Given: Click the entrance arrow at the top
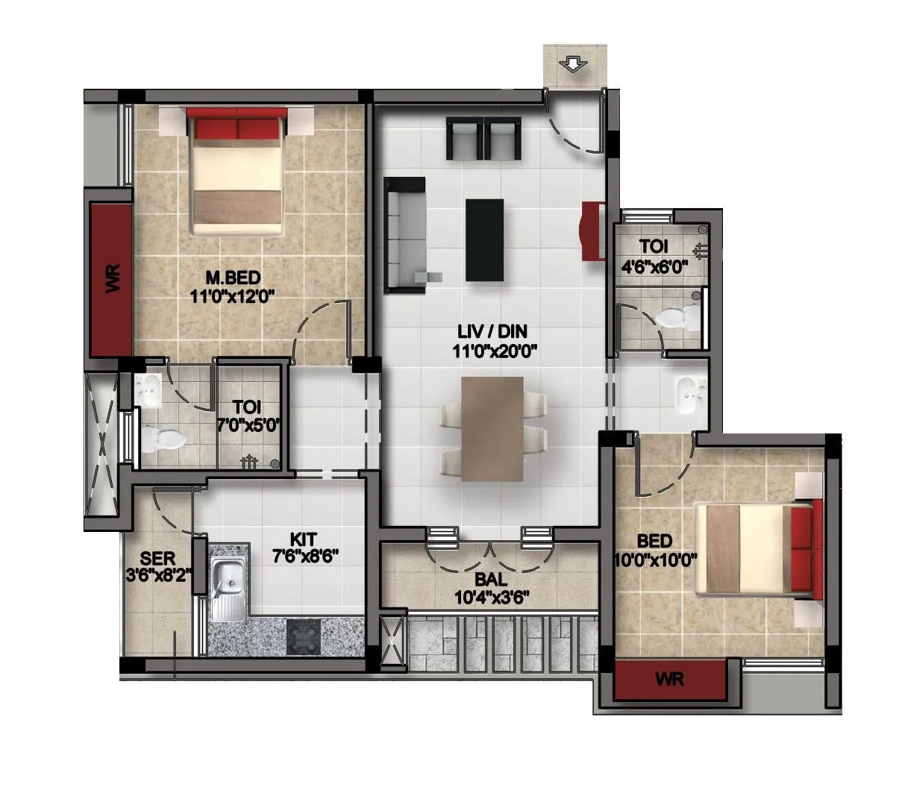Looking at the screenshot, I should pyautogui.click(x=573, y=66).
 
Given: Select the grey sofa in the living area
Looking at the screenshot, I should pyautogui.click(x=405, y=234).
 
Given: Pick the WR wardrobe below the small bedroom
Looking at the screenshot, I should pyautogui.click(x=669, y=680).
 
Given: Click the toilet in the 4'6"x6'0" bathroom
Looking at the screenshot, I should pyautogui.click(x=680, y=318).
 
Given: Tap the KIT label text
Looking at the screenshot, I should pyautogui.click(x=304, y=538).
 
